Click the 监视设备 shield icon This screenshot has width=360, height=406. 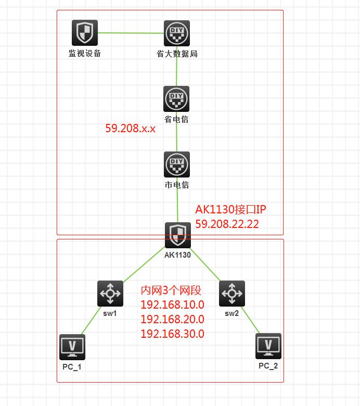pos(84,33)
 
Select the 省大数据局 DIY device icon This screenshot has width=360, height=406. pos(177,34)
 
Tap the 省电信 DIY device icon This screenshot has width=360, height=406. pos(176,99)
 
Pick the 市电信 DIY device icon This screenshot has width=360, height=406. pos(177,164)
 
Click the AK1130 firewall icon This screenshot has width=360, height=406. pos(178,235)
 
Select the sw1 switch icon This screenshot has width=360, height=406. pos(110,294)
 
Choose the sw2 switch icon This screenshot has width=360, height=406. pos(232,294)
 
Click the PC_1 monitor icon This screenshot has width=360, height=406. pos(72,347)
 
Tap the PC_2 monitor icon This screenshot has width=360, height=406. pos(268,346)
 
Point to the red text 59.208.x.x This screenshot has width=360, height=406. pos(130,128)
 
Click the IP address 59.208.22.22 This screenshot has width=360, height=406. pos(227,224)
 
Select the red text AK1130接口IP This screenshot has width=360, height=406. pos(231,210)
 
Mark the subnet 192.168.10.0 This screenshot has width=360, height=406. pos(172,304)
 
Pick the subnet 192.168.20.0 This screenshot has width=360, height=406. pos(172,319)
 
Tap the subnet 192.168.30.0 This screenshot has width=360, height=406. pos(172,334)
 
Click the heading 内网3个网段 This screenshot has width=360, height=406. pos(171,290)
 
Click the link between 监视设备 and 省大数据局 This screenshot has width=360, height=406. pos(131,33)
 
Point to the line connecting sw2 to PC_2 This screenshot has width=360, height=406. pos(251,319)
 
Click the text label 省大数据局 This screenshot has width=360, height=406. pos(177,54)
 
